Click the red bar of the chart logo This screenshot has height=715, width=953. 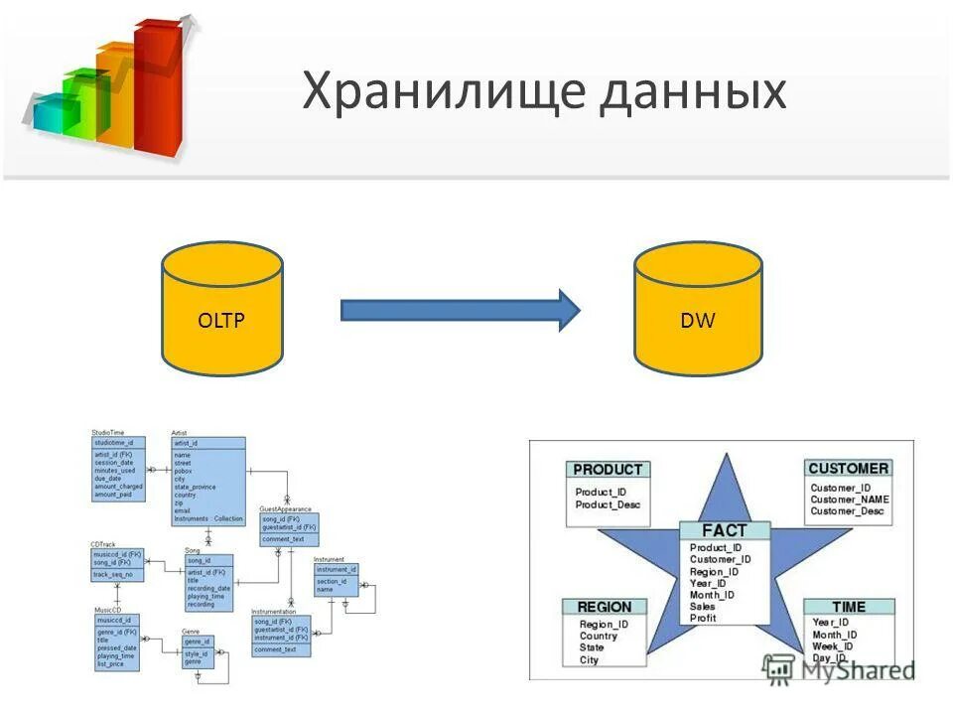(x=159, y=89)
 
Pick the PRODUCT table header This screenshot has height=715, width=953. (x=609, y=470)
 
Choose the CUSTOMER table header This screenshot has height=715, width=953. (x=849, y=468)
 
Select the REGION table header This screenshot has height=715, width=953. (x=605, y=607)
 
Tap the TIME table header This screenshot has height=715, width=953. (x=849, y=607)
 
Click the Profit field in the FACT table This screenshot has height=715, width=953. (x=703, y=619)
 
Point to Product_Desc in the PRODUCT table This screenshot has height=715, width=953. (x=609, y=505)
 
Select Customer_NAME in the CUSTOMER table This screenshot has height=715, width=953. (x=849, y=500)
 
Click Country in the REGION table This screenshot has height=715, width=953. (x=599, y=637)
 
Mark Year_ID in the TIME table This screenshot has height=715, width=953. (x=831, y=623)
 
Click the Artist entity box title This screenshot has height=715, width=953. (x=180, y=433)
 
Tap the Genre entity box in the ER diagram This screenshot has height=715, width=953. (x=200, y=649)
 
